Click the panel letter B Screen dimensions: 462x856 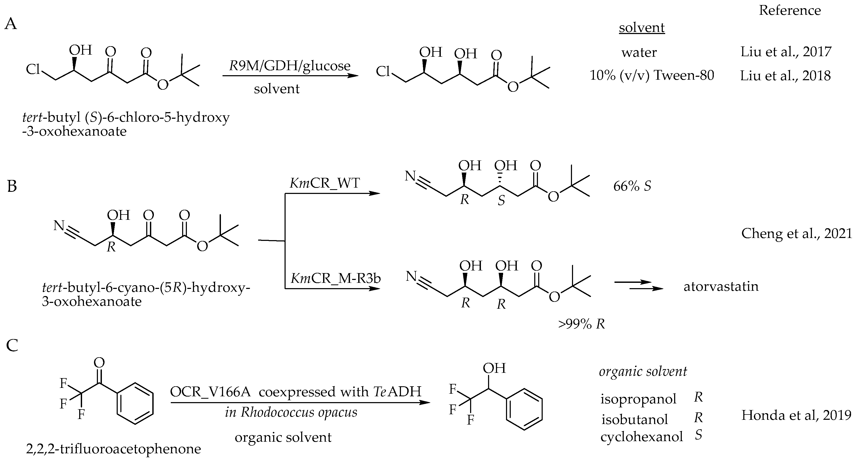[12, 186]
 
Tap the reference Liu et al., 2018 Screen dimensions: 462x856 [785, 76]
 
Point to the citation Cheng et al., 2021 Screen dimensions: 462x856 [797, 234]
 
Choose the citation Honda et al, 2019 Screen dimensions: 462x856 [796, 415]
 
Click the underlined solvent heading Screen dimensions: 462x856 [641, 27]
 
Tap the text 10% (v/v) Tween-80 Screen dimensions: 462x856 [652, 75]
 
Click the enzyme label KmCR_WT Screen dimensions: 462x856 [325, 183]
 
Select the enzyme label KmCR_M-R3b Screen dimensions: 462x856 [336, 278]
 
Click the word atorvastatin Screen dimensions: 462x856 [721, 286]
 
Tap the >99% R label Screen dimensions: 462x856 [581, 324]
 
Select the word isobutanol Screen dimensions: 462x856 [634, 420]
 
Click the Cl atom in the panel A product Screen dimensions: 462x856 [382, 72]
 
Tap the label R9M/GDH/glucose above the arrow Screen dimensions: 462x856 [290, 66]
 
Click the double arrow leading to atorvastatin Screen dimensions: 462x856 [638, 286]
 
